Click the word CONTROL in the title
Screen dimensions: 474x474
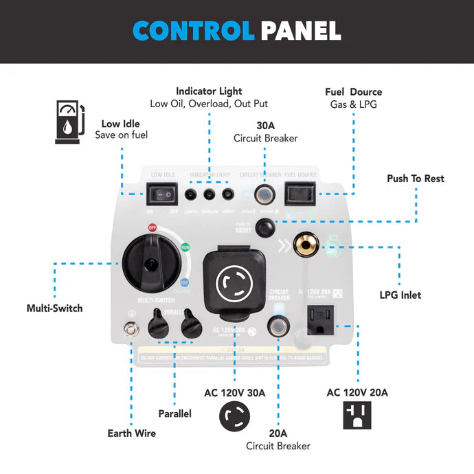(x=194, y=30)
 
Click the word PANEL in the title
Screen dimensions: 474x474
(x=300, y=30)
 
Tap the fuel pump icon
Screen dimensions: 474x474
(x=70, y=122)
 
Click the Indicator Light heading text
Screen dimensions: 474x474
(x=209, y=91)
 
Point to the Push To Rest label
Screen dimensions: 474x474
(x=415, y=179)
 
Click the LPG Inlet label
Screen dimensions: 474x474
(x=400, y=295)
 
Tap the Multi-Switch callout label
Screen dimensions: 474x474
(x=54, y=308)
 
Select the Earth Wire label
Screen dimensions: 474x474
(x=131, y=433)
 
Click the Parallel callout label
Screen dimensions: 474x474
(x=174, y=414)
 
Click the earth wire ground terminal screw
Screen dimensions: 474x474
(x=126, y=330)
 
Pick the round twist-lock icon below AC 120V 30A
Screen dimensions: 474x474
(x=234, y=416)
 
